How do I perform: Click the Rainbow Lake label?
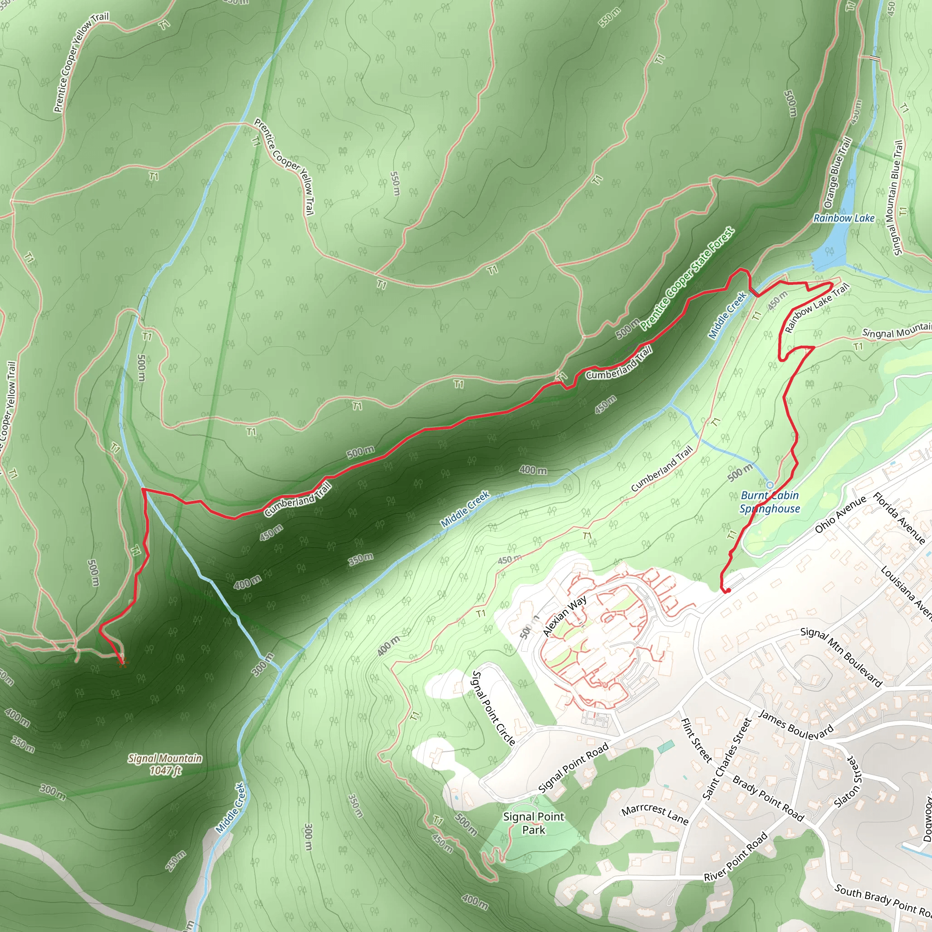pos(844,218)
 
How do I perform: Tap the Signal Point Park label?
pos(533,823)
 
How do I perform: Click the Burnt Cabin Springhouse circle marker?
pos(770,485)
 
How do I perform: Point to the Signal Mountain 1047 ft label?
pos(165,764)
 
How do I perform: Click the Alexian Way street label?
pos(564,616)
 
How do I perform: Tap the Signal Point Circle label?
pos(493,708)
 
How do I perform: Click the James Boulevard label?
pos(796,724)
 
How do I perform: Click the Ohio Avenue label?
pos(841,514)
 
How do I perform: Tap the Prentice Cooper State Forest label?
pos(688,279)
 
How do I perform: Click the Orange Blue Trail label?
pos(837,172)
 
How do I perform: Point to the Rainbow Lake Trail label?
pos(816,309)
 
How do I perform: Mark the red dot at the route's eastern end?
pos(728,590)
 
